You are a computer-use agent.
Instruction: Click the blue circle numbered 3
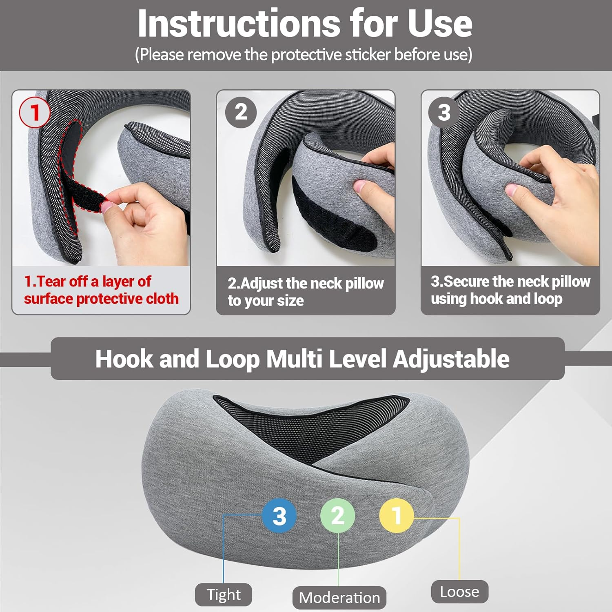(x=279, y=516)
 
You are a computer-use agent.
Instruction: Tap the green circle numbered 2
(x=338, y=515)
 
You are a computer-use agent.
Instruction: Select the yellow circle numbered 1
(x=397, y=515)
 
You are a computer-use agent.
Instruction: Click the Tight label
(x=224, y=594)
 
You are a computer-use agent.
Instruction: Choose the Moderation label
(x=339, y=598)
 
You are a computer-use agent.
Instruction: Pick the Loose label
(x=459, y=592)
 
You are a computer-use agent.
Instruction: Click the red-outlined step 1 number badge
(x=35, y=113)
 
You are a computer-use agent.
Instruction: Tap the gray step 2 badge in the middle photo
(x=241, y=112)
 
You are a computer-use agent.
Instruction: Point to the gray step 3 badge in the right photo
(x=444, y=112)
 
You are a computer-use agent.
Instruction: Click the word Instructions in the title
(x=238, y=24)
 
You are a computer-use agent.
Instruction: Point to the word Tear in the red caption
(x=51, y=282)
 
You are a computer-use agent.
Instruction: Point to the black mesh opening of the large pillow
(x=310, y=424)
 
